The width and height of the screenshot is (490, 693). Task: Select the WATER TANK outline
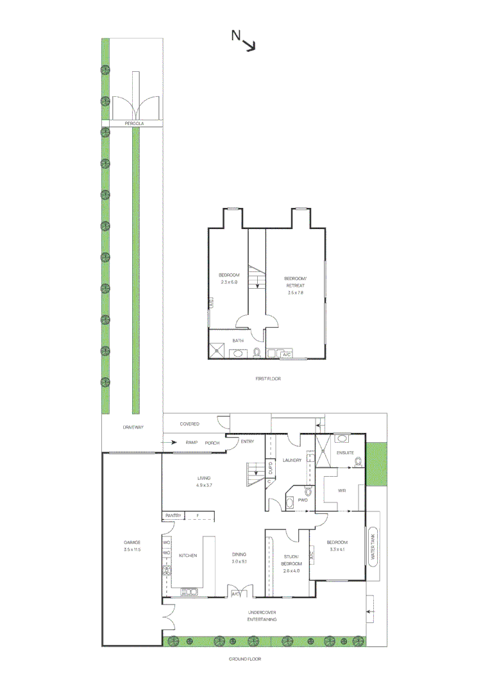point(373,545)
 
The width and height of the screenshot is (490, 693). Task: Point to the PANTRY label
point(174,516)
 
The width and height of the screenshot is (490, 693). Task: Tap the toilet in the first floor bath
point(257,352)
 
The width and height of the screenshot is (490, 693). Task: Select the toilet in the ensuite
point(358,460)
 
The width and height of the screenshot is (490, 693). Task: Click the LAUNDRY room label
point(292,460)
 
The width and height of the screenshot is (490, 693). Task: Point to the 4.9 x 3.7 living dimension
point(204,485)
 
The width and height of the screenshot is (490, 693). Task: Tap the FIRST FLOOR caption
point(268,379)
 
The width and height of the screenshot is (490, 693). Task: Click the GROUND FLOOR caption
point(245,659)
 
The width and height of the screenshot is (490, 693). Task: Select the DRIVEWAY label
point(133,427)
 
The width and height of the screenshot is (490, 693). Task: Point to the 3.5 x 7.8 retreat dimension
point(294,292)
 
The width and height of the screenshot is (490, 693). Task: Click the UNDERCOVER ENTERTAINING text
point(262,616)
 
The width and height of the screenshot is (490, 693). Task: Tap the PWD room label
point(302,499)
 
